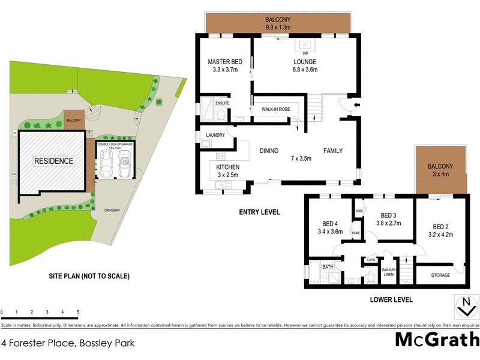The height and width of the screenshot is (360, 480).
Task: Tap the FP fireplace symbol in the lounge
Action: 305,44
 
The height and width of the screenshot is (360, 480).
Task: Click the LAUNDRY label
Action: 215,136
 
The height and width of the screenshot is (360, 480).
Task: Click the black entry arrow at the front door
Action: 358,106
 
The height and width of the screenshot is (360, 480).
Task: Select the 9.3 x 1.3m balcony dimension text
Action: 278,28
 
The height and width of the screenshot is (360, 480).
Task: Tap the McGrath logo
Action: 436,339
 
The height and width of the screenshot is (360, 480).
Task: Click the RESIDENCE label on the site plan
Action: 53,161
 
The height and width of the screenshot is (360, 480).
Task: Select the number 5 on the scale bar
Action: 77,313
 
